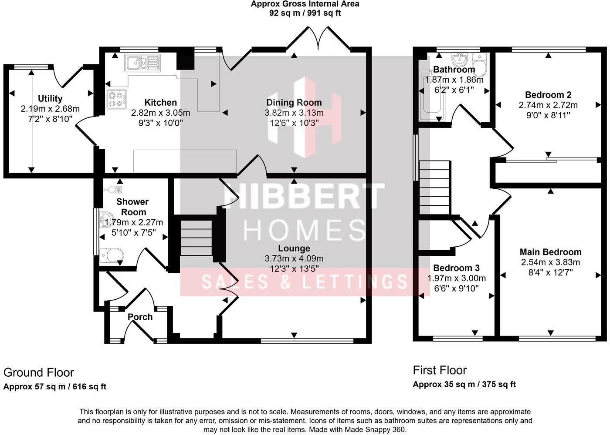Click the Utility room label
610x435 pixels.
tap(50, 99)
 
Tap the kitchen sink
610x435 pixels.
tap(142, 63)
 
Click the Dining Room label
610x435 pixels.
tap(294, 103)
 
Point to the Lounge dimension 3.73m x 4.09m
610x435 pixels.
tap(294, 258)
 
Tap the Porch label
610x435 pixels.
tap(140, 317)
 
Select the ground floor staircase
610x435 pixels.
tap(196, 238)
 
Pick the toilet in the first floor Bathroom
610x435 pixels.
tap(480, 66)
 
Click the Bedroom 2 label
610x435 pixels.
tap(548, 95)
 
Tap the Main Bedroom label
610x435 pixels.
tap(550, 252)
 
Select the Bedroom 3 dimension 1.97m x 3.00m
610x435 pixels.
tap(456, 278)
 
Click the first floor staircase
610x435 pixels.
tap(434, 187)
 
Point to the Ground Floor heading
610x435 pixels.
tap(39, 373)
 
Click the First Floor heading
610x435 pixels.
tap(440, 370)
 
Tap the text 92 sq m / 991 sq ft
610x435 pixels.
tap(305, 13)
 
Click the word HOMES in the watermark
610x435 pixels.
tap(304, 229)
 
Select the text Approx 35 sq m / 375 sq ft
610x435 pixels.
tap(464, 385)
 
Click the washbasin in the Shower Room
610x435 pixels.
tap(107, 219)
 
